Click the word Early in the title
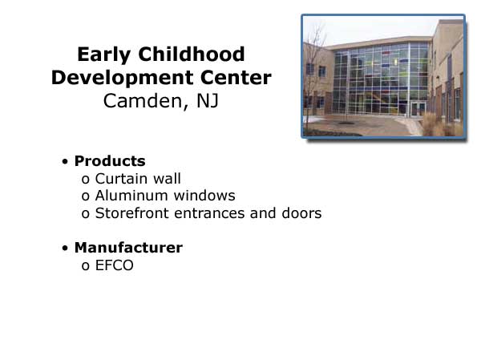104,55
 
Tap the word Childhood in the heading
192,54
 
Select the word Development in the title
122,79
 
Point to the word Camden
143,101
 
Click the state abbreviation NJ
208,101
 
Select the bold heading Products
110,161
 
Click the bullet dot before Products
65,161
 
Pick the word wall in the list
168,179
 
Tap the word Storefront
132,213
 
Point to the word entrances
209,214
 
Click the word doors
301,213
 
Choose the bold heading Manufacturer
128,248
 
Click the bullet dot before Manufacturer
65,248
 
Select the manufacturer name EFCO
115,265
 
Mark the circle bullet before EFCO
86,266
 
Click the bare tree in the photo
313,77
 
